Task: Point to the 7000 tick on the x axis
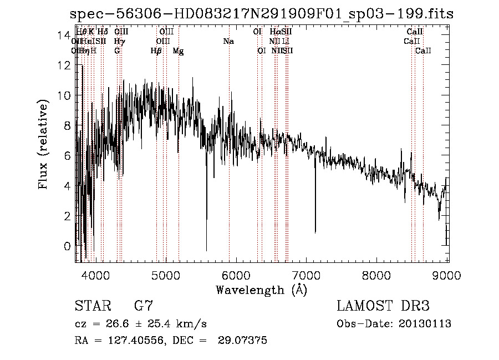[x=307, y=275]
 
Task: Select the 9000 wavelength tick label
[x=448, y=275]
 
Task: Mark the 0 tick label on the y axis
[x=68, y=246]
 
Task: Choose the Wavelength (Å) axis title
[x=261, y=290]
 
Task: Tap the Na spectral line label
[x=228, y=42]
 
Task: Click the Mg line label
[x=179, y=51]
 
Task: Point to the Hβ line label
[x=156, y=51]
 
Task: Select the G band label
[x=117, y=51]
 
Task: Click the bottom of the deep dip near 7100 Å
[x=315, y=232]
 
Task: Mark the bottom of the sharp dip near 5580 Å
[x=207, y=250]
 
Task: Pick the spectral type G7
[x=144, y=306]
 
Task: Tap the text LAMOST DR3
[x=383, y=306]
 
